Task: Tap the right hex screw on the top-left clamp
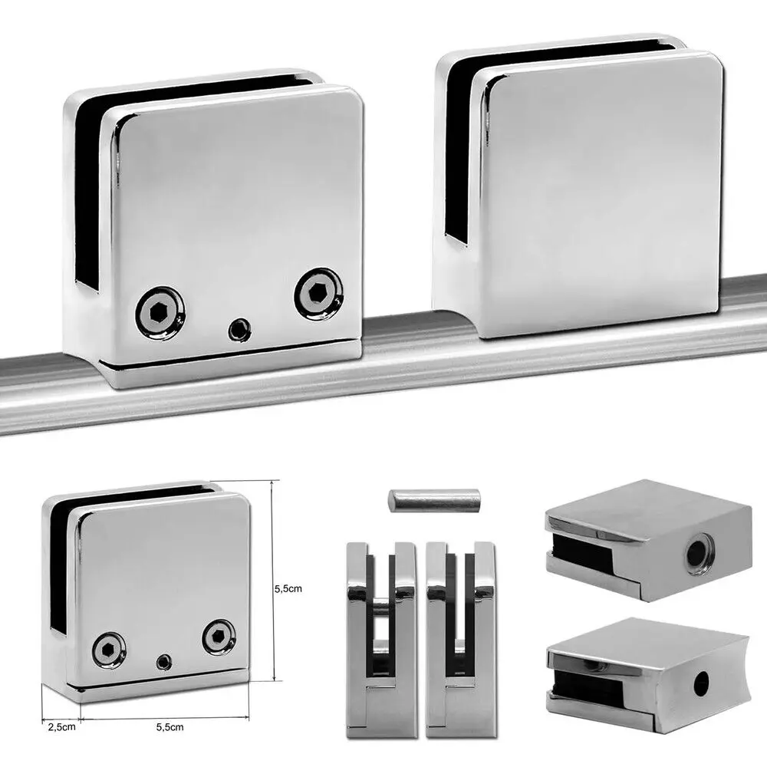coord(318,292)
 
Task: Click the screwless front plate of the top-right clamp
coord(602,192)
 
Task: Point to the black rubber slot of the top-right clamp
coord(459,153)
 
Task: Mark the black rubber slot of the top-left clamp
coord(88,192)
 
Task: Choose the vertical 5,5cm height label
coord(290,589)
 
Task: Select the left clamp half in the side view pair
coord(376,637)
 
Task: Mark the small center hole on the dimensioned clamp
coord(163,660)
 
